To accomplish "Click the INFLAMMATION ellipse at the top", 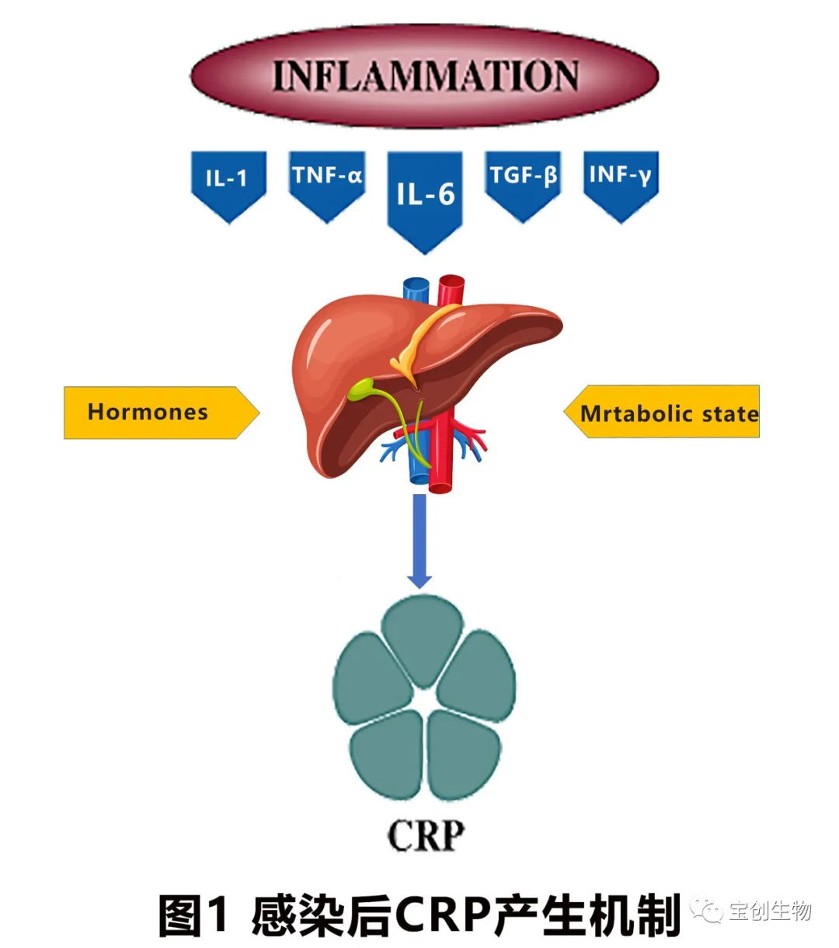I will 424,75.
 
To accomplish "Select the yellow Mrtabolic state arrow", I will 665,413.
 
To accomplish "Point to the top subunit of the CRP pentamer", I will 423,633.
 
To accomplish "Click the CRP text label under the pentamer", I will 426,835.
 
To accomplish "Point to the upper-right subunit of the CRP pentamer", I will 478,673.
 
